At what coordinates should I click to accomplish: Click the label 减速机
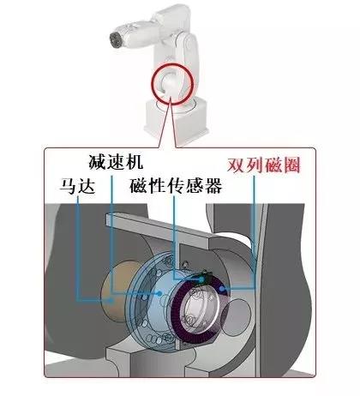(x=116, y=162)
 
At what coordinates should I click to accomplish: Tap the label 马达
(x=77, y=186)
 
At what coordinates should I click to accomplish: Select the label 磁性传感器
(x=176, y=186)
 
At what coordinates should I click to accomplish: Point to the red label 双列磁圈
(x=263, y=165)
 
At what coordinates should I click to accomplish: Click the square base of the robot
(x=176, y=123)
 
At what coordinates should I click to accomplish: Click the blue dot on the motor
(x=112, y=300)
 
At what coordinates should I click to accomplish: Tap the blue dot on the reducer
(x=159, y=293)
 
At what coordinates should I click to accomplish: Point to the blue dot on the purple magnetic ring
(x=222, y=289)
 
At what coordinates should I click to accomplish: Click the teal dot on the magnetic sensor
(x=201, y=279)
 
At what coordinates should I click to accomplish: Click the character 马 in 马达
(x=68, y=186)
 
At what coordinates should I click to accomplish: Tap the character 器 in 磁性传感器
(x=213, y=186)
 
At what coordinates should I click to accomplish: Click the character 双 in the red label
(x=236, y=165)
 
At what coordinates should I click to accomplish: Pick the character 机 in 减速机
(x=135, y=162)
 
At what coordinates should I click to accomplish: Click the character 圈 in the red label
(x=291, y=165)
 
